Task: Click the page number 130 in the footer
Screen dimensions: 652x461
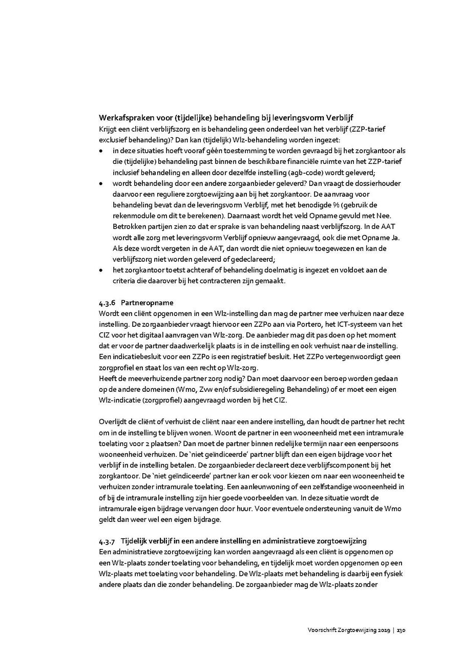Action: [402, 630]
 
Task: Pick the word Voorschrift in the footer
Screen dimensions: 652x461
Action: [323, 630]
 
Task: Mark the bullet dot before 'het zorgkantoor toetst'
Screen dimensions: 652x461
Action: [101, 270]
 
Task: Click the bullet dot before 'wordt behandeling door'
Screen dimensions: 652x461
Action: [101, 183]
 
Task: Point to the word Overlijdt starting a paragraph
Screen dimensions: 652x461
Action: [115, 422]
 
